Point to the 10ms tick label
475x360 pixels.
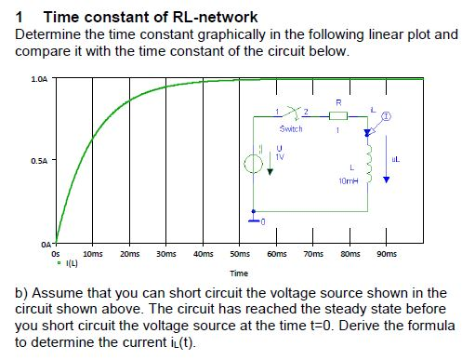(93, 253)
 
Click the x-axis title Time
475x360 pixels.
(239, 273)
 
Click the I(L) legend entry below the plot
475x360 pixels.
(68, 263)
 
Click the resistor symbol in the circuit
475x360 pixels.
(337, 115)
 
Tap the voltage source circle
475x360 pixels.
(254, 168)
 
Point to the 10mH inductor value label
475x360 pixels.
(350, 178)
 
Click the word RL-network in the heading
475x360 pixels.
(215, 17)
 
